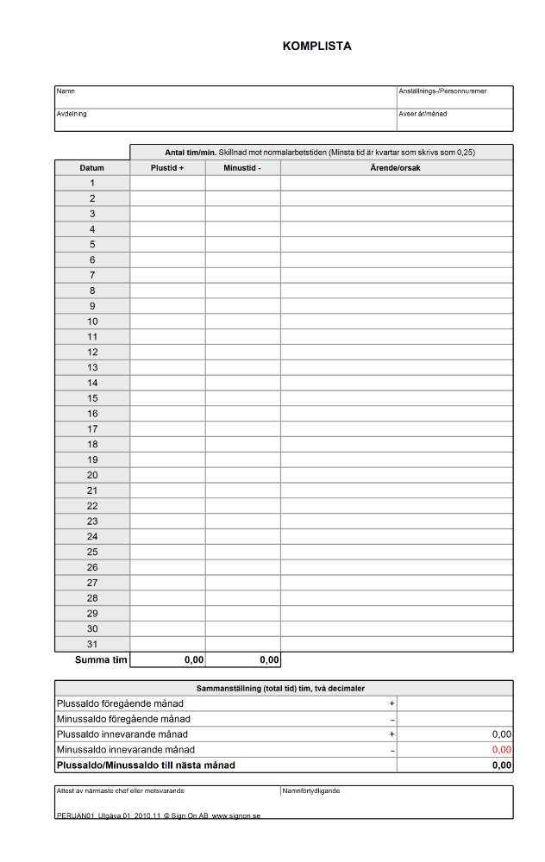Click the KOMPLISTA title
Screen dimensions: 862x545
[316, 47]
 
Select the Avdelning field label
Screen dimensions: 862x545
[72, 114]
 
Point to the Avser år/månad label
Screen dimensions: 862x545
[423, 114]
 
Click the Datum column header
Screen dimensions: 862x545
[92, 168]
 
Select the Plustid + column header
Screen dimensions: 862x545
[167, 168]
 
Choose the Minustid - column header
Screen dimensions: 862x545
[242, 168]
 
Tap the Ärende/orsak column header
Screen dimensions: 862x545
[396, 168]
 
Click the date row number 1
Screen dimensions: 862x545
[92, 183]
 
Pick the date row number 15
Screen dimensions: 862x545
[92, 398]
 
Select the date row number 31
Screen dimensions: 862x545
[92, 644]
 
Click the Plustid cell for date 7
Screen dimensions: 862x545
[167, 275]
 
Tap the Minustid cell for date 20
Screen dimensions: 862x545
[242, 475]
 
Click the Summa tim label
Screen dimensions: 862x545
[101, 660]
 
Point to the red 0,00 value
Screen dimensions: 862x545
[501, 750]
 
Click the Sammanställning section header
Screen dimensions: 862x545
[284, 689]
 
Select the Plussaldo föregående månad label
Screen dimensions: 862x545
[120, 704]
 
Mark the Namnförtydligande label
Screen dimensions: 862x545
[312, 790]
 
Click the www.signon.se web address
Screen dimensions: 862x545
[236, 815]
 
